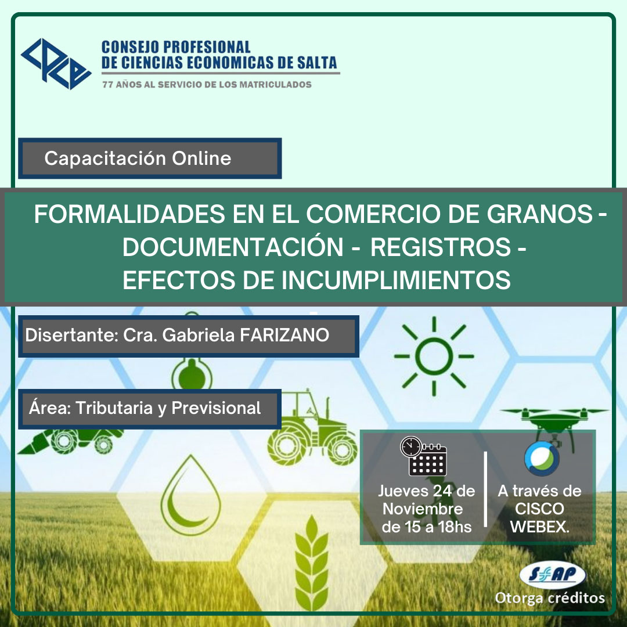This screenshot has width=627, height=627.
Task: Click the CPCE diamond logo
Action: [x=56, y=64]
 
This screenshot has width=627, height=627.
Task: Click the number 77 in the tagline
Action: [x=107, y=84]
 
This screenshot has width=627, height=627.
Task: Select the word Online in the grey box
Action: [x=201, y=158]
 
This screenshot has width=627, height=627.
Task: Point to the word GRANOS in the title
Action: [x=539, y=214]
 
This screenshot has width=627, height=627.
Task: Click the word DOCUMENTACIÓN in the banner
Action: [x=233, y=247]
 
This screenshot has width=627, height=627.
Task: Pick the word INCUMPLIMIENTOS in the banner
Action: [x=396, y=280]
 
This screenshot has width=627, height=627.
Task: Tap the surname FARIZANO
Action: [x=284, y=335]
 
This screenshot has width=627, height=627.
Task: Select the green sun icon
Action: [x=434, y=356]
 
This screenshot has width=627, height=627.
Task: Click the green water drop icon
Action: [x=191, y=495]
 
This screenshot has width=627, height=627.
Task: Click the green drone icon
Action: [x=554, y=424]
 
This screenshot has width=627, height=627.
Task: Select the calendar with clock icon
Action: [x=423, y=456]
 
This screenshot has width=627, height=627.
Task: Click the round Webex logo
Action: [x=542, y=458]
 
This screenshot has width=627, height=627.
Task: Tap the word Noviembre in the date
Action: [x=423, y=509]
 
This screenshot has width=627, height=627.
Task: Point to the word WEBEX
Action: [x=539, y=527]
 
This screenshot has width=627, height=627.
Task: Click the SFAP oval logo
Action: [x=553, y=575]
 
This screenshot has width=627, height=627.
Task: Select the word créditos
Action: [x=576, y=598]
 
